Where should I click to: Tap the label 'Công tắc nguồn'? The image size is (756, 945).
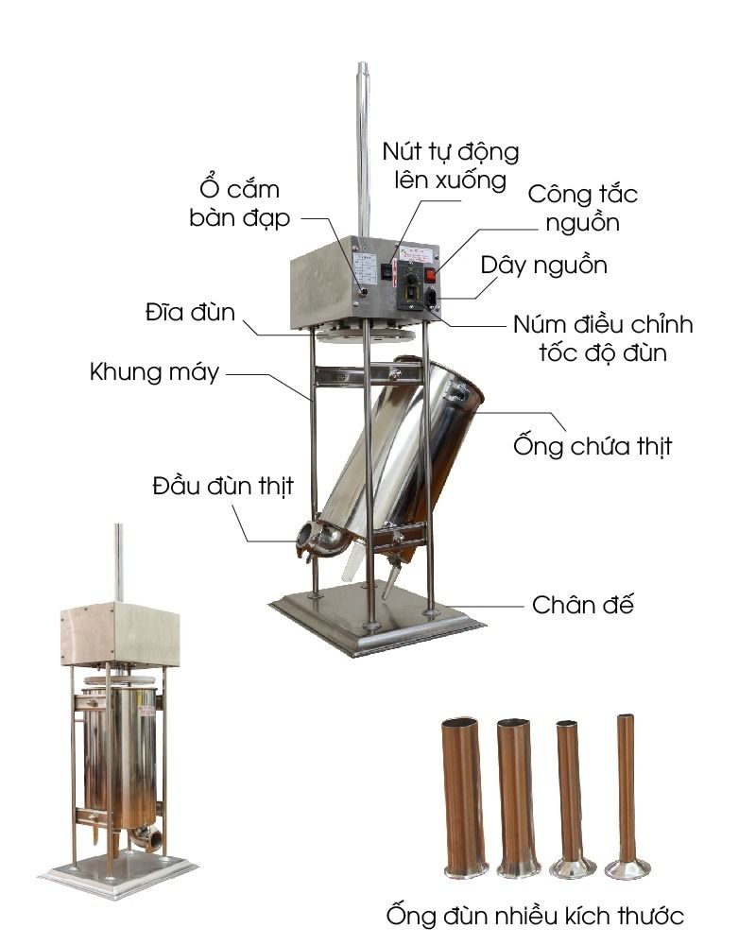point(582,209)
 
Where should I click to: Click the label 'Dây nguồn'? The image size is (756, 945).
point(543,265)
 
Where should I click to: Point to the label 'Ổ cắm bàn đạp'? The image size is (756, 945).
point(234,203)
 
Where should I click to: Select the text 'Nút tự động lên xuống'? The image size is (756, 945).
point(451,164)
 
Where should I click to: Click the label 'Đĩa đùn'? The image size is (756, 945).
point(190,311)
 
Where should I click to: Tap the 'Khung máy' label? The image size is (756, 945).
point(154,371)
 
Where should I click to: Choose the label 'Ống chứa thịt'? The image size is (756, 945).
point(592,444)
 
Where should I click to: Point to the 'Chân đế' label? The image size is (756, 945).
point(582,604)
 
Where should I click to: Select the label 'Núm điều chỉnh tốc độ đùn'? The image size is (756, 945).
point(603,339)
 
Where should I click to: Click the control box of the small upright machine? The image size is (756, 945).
point(120,632)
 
